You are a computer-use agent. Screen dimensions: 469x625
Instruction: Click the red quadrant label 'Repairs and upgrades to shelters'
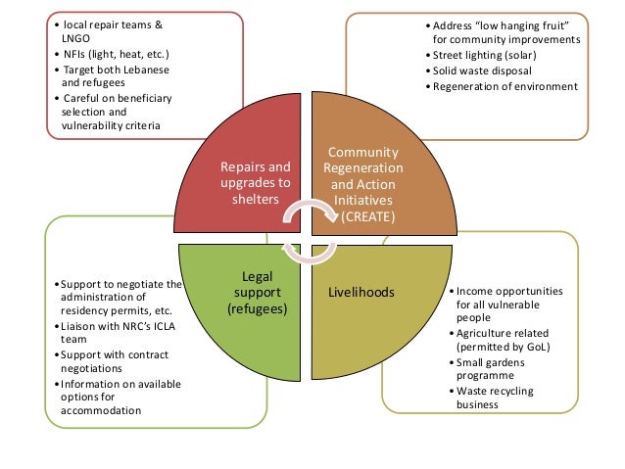point(257,182)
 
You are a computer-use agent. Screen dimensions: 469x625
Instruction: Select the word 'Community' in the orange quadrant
point(362,153)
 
